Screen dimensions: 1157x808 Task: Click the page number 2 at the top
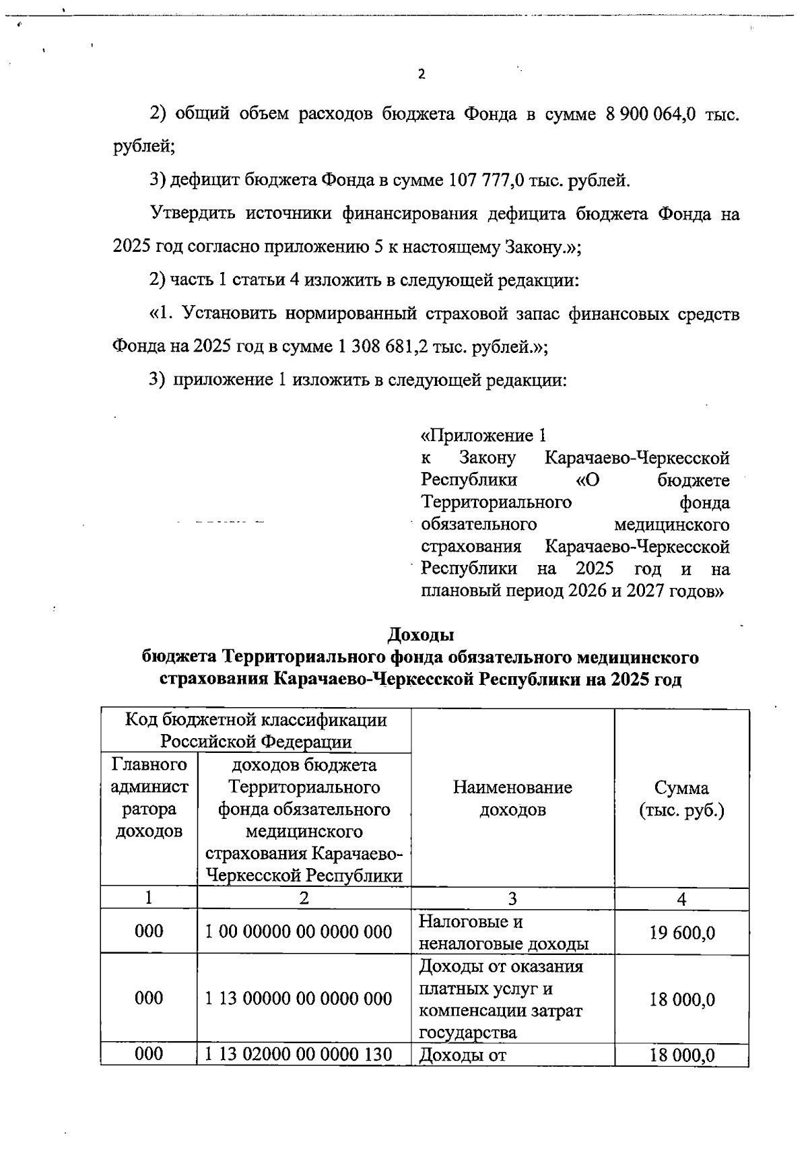[x=422, y=75]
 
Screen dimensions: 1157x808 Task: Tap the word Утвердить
[x=192, y=214]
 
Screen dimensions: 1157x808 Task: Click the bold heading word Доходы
[x=421, y=634]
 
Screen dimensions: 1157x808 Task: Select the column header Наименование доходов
[x=512, y=798]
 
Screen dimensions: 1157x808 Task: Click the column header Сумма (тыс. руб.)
[x=681, y=799]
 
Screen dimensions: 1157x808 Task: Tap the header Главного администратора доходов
[x=149, y=798]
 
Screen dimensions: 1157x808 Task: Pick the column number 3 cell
[x=512, y=898]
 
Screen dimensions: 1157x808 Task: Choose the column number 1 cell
[x=149, y=898]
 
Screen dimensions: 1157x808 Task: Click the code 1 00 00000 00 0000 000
[x=298, y=931]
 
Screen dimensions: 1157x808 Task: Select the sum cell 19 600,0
[x=681, y=933]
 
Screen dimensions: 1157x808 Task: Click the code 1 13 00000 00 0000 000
[x=298, y=998]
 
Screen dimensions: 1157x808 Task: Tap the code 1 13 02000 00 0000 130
[x=298, y=1054]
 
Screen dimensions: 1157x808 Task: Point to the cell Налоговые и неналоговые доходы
[x=504, y=932]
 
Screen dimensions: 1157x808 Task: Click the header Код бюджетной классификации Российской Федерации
[x=257, y=731]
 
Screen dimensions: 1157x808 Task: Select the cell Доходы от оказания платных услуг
[x=501, y=999]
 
